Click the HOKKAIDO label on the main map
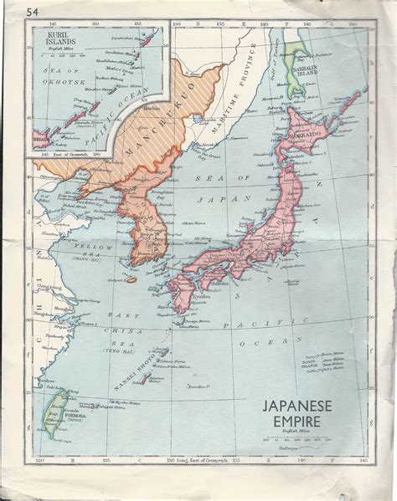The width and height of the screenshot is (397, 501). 308,134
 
